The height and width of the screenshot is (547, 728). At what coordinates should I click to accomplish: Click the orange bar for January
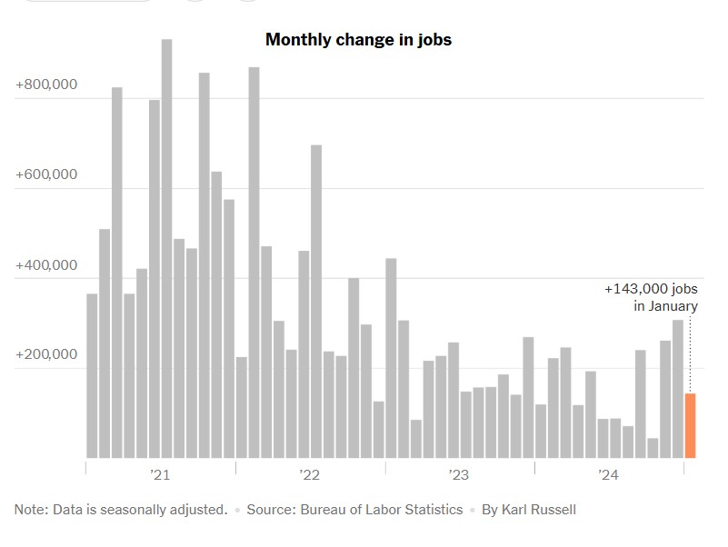click(690, 425)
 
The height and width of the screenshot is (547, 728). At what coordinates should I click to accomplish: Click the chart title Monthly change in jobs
click(358, 40)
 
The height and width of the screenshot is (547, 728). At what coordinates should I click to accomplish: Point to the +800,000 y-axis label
click(46, 85)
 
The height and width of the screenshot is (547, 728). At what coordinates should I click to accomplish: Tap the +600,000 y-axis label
click(46, 175)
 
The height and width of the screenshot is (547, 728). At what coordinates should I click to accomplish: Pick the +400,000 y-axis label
click(46, 265)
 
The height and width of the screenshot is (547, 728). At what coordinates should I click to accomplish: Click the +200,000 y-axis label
click(46, 355)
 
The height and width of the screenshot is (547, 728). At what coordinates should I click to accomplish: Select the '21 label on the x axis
click(160, 475)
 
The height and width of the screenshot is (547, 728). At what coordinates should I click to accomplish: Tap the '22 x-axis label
click(310, 475)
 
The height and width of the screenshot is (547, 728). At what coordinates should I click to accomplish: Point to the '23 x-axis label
click(459, 475)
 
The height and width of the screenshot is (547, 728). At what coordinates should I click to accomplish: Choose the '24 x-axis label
click(608, 475)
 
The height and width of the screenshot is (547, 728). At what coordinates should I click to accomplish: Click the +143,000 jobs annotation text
click(651, 289)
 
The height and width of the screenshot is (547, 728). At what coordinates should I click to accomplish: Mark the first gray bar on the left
click(92, 375)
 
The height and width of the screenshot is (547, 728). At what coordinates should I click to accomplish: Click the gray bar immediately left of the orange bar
click(678, 389)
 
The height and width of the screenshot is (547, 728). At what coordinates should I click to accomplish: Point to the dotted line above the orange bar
click(690, 354)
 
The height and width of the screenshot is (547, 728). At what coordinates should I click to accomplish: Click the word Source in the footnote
click(272, 510)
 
